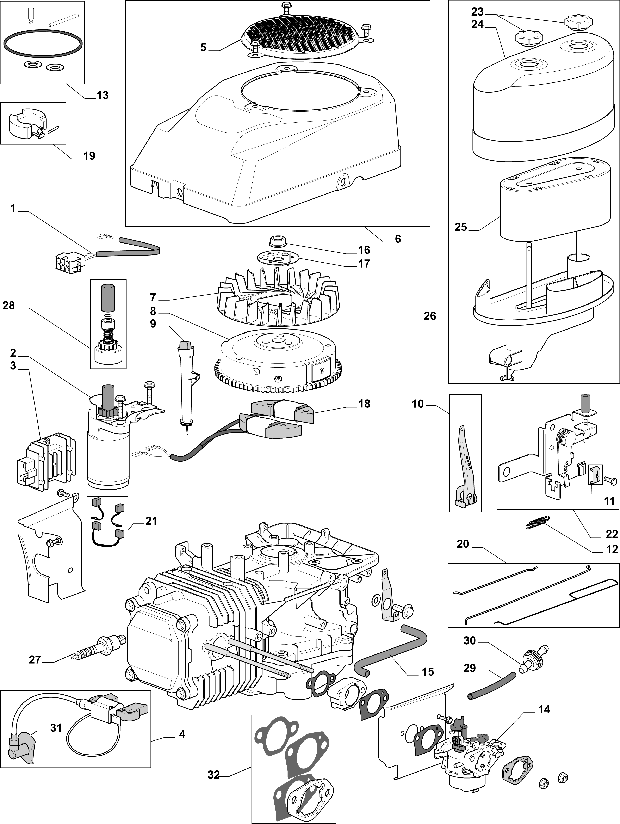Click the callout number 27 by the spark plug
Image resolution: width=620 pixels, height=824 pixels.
tap(35, 660)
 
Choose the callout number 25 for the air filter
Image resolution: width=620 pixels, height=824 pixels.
tap(461, 227)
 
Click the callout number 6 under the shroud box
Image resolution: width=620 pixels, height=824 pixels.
tap(398, 239)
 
